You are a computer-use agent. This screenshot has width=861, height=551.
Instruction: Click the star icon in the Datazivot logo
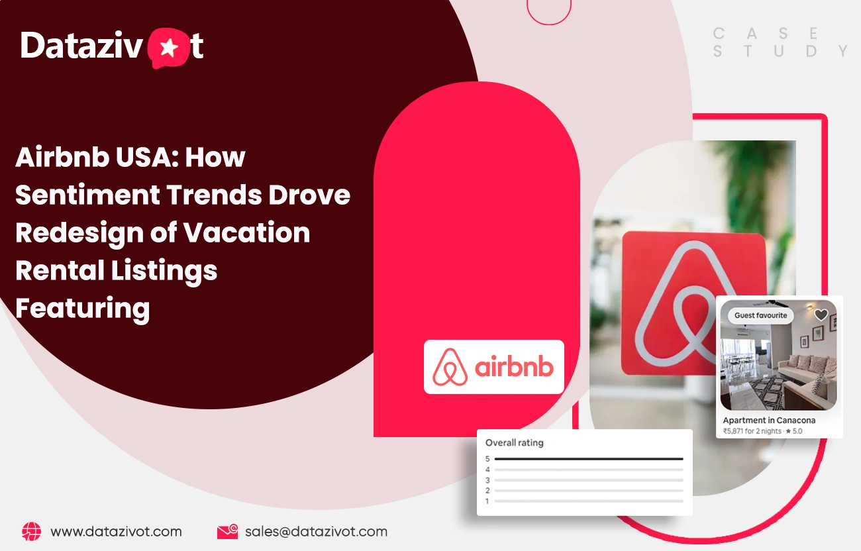(169, 48)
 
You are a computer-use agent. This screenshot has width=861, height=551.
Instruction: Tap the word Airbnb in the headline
(62, 157)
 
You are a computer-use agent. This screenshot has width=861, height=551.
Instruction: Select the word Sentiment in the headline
(87, 195)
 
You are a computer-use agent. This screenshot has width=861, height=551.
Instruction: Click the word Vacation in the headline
(246, 232)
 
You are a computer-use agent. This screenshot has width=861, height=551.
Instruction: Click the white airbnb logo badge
(494, 367)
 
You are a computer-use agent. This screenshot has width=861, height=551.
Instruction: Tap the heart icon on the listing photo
(821, 315)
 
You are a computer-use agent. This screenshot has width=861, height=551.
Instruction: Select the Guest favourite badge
(761, 315)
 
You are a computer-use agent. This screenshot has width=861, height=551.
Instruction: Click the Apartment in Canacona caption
(769, 421)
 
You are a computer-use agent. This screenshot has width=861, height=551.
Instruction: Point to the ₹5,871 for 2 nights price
(752, 431)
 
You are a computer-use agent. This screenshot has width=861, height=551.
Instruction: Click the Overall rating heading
(515, 442)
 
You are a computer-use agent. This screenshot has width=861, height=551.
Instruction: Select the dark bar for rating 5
(589, 459)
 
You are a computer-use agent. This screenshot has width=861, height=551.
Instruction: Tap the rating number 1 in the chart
(487, 501)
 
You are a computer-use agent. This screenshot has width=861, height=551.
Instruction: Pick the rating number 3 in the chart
(487, 480)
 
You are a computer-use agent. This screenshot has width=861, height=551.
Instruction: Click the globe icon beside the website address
(32, 531)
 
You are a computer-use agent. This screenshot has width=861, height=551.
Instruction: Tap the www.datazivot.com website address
(116, 532)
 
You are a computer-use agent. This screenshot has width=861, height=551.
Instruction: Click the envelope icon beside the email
(228, 532)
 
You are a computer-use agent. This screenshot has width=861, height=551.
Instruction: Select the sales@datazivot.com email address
(317, 532)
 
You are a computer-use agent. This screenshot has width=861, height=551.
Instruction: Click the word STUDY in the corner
(781, 51)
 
